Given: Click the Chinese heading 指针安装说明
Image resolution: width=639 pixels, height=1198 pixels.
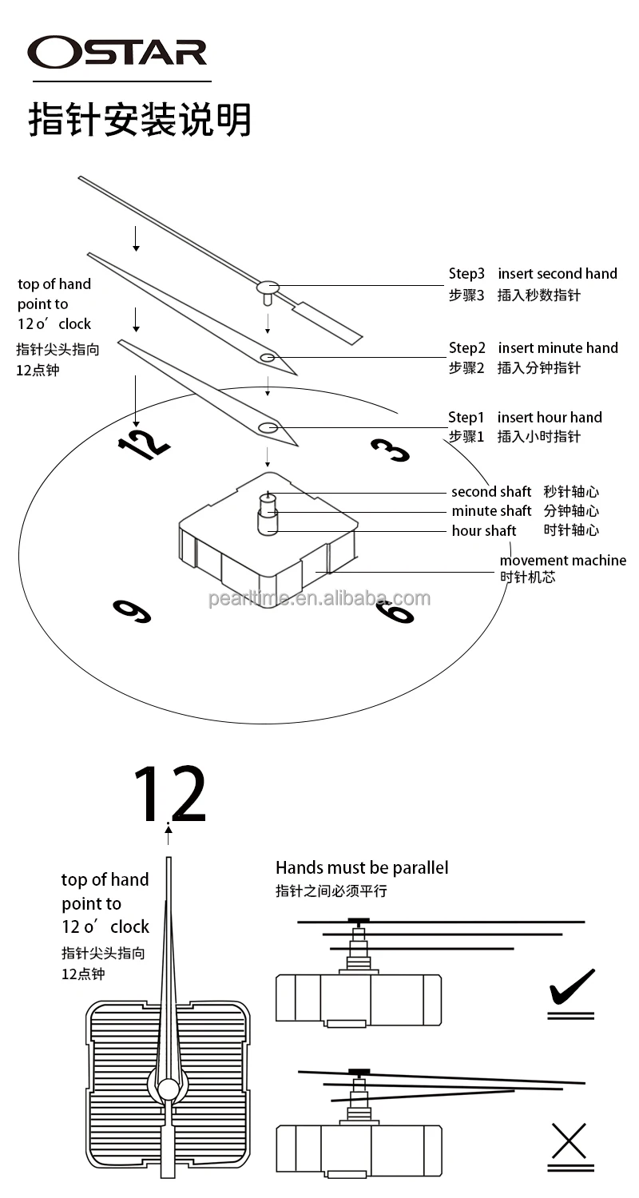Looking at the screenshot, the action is coord(140,120).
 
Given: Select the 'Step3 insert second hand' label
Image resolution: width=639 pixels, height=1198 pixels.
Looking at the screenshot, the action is coord(533,274).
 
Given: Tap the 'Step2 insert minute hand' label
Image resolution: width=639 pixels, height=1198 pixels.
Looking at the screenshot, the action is coord(533,348).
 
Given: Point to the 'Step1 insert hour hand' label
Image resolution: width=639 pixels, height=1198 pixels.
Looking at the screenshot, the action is coord(525,418).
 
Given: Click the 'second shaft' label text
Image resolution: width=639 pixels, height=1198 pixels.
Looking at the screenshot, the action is coord(491,492).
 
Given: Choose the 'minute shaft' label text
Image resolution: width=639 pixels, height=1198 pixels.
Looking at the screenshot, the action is coord(491,511).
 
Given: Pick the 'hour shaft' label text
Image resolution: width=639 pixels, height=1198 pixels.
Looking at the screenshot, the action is coord(484,531).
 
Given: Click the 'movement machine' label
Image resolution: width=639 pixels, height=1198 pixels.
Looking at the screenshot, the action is coord(563,561).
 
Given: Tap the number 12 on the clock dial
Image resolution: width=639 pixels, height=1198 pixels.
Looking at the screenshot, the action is coord(144,443).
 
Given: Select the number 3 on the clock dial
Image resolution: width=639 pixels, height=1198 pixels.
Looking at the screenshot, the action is coord(391,450).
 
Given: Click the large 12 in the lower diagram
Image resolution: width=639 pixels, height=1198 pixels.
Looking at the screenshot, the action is coord(169,795).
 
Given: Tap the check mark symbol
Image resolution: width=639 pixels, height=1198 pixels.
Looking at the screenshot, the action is coord(572,988).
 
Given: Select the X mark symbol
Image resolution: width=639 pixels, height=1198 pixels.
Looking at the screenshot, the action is coord(570,1140).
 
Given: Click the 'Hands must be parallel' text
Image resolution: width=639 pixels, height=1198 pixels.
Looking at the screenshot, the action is coord(362,868).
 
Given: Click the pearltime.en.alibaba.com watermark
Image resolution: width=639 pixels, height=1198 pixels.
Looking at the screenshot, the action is coord(319,599).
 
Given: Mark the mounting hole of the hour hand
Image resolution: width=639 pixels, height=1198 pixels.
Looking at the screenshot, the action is coord(268,428).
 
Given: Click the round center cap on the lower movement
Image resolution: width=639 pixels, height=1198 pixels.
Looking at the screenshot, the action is coord(169,1089).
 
